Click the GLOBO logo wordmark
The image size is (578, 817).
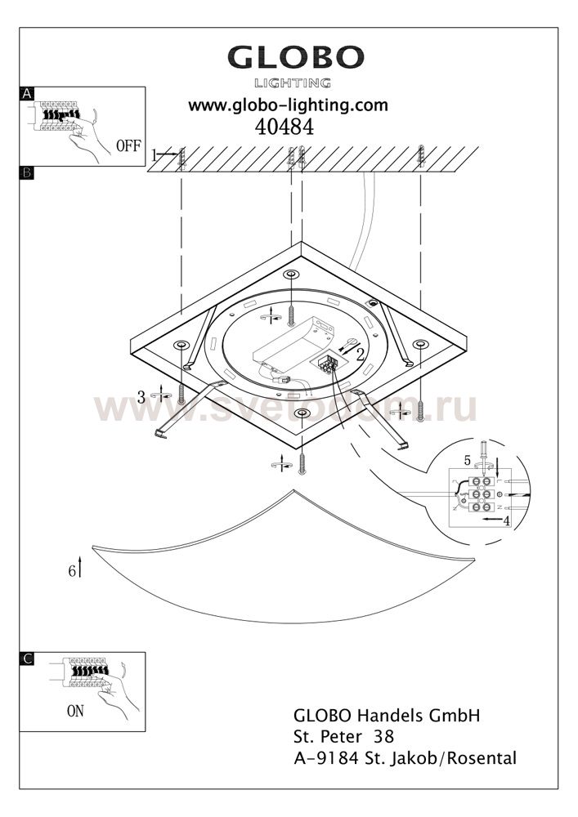point(295,57)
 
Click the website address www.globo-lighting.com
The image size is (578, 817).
point(289,105)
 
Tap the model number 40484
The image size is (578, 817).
point(284,127)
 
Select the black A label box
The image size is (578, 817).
point(27,94)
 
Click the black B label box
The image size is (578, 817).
point(27,172)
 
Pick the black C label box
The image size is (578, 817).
point(27,659)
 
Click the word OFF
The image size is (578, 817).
point(128,146)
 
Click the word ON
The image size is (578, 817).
point(75,711)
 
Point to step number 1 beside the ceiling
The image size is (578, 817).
point(155,154)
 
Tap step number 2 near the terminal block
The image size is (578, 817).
point(360,355)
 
